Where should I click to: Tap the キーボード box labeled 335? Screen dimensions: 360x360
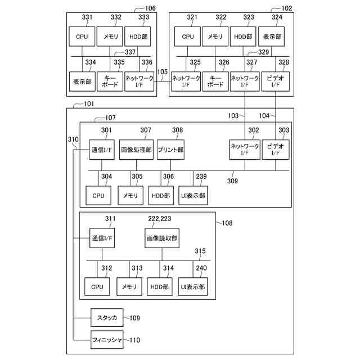(110, 81)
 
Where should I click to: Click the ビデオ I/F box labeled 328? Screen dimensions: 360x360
(274, 81)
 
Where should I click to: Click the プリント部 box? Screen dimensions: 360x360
(170, 150)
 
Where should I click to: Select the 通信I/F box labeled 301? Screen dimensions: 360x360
(102, 150)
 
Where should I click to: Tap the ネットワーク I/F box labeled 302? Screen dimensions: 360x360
(245, 148)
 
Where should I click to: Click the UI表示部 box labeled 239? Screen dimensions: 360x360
(193, 195)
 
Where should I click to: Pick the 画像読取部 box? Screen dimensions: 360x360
(161, 238)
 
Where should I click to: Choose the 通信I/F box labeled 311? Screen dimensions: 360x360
(102, 238)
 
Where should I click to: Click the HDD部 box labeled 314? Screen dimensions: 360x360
(161, 286)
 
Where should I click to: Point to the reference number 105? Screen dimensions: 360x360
(163, 72)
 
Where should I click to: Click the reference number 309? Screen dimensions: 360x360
(232, 181)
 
